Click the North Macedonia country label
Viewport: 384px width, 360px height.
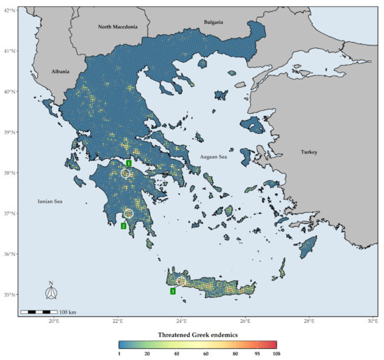118,27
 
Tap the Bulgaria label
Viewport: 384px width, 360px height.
213,22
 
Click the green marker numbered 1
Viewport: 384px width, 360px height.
128,163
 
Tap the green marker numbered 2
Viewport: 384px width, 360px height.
123,225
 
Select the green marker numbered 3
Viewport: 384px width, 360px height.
172,291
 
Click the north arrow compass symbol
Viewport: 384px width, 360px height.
51,292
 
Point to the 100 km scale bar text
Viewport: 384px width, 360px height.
67,311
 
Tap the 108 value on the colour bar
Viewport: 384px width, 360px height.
276,356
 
